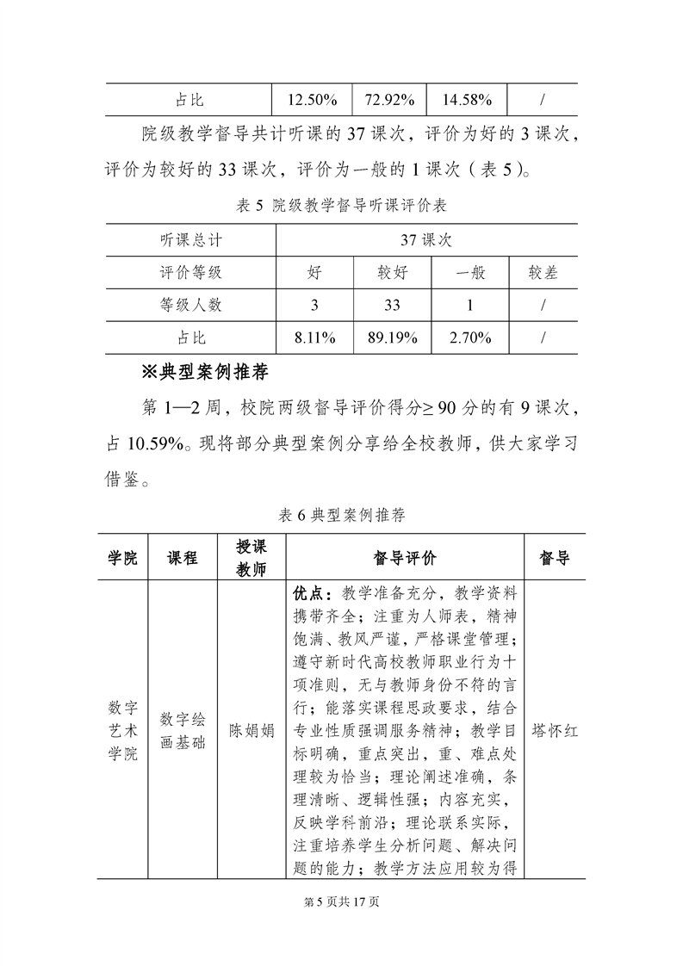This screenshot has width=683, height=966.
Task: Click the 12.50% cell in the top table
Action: [311, 100]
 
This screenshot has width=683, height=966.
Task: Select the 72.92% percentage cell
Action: [390, 100]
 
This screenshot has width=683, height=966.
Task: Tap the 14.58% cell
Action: [467, 100]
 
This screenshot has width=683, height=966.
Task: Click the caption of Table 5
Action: [340, 206]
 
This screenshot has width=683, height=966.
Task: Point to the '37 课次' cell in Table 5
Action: [426, 240]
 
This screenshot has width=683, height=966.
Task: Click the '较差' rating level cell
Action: [543, 273]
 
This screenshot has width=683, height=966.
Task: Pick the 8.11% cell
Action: [314, 337]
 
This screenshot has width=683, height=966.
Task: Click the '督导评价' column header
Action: [405, 558]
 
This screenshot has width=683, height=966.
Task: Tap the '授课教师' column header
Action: [251, 558]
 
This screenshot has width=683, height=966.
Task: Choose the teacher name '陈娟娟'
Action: [251, 731]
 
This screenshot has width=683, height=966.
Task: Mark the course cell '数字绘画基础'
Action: [183, 731]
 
